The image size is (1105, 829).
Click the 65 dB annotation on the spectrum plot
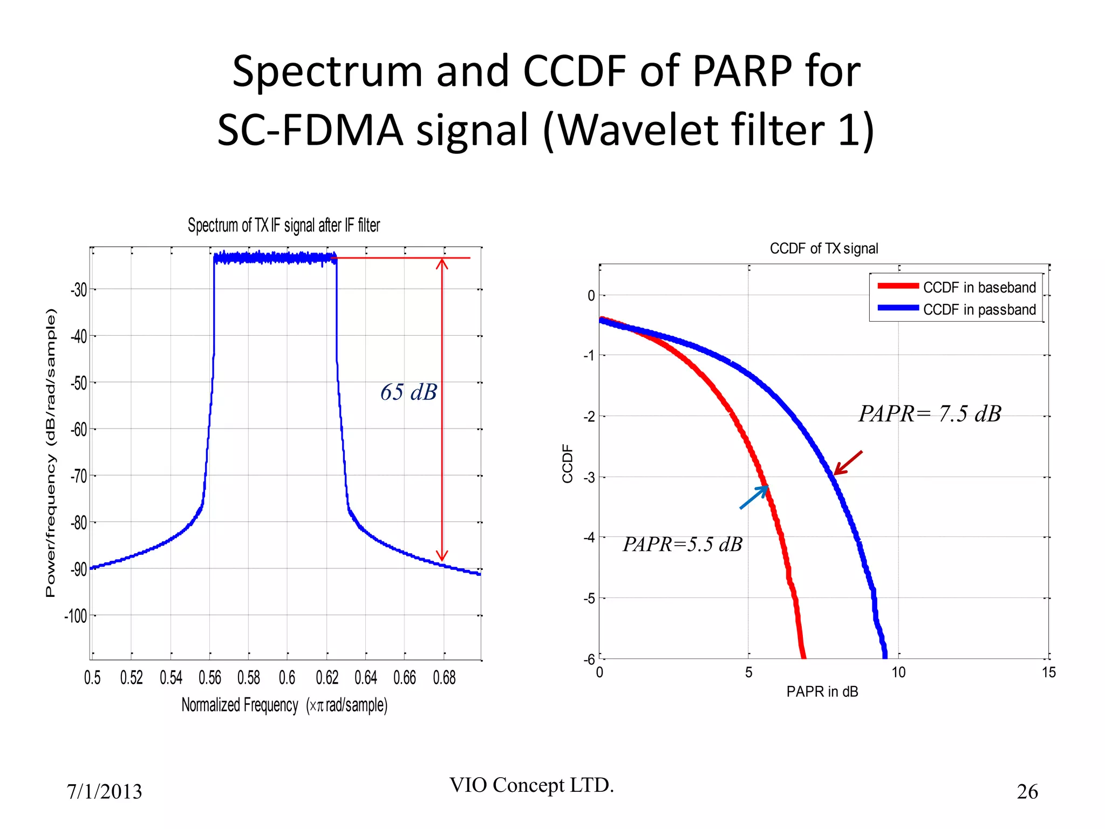(x=408, y=392)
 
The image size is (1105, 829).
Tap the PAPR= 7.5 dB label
(x=930, y=414)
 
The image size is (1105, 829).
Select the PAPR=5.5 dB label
(x=683, y=544)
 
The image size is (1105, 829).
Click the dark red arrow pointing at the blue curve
(x=848, y=463)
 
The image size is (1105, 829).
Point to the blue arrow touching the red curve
(x=754, y=497)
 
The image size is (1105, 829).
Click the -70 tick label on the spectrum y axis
(x=79, y=476)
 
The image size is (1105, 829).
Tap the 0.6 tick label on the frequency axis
(x=287, y=677)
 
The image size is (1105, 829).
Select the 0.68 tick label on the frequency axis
(x=444, y=677)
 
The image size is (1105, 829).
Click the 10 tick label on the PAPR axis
(x=898, y=672)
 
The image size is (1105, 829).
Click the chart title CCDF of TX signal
(x=823, y=248)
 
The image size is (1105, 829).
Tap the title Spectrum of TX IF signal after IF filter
(x=284, y=225)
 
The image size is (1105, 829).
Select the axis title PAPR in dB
(x=822, y=692)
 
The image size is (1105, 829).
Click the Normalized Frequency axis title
(x=284, y=705)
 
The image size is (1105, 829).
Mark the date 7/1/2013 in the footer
(x=104, y=792)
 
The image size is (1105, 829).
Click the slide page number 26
(x=1027, y=792)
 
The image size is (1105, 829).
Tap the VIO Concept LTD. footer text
(x=531, y=785)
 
